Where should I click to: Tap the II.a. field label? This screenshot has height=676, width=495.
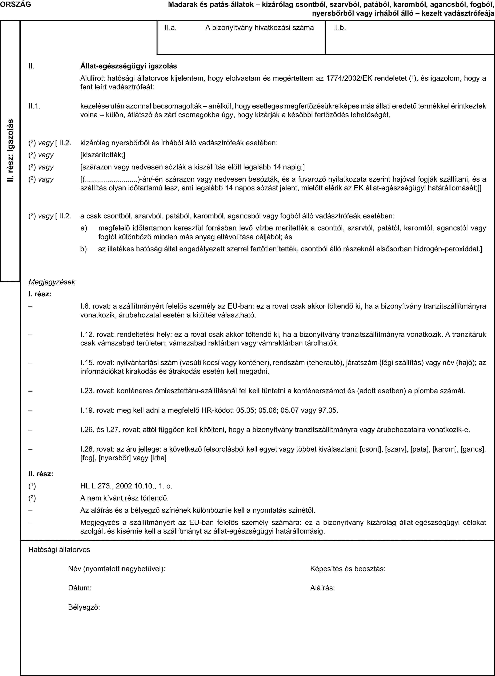[x=170, y=28]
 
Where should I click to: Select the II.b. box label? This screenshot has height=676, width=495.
[x=340, y=28]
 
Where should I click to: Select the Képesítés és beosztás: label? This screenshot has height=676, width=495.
[x=348, y=568]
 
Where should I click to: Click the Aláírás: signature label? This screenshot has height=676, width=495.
[x=322, y=588]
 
